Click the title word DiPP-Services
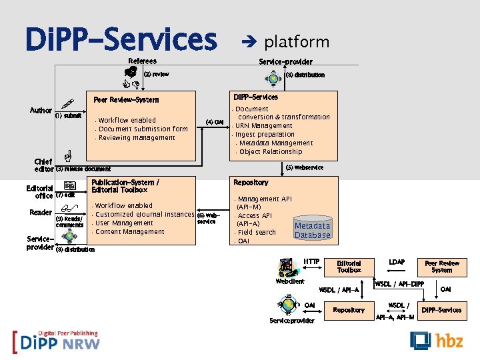[121, 40]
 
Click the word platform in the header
[297, 42]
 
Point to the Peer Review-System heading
[126, 100]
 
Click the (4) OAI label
[215, 122]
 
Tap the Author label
[41, 111]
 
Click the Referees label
[142, 61]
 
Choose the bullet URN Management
[265, 126]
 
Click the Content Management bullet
[129, 232]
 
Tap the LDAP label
[397, 262]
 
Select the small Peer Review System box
[442, 267]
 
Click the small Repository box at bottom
[349, 310]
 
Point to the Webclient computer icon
[287, 268]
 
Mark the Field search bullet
[257, 233]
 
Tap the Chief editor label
[43, 165]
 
